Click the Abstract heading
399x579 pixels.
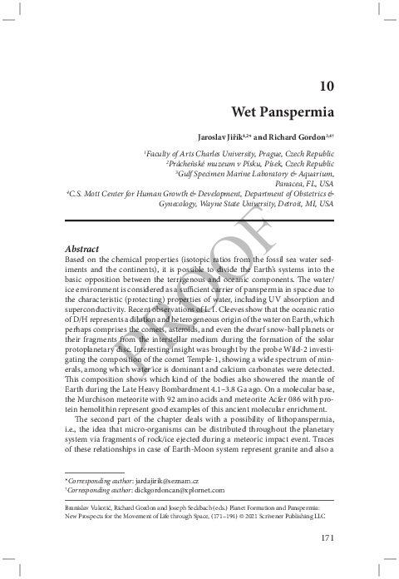point(81,249)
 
